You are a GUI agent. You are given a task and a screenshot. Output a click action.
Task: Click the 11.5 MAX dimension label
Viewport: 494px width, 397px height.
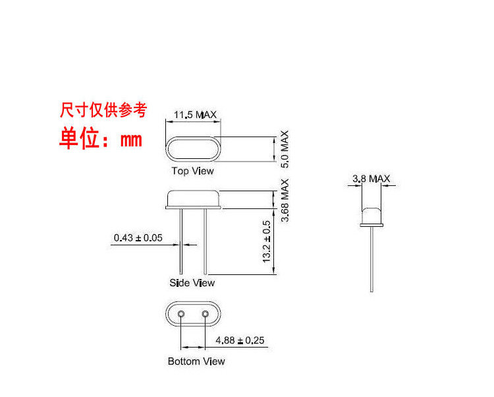[195, 115]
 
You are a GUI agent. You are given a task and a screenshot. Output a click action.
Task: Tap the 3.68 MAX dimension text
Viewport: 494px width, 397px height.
[285, 200]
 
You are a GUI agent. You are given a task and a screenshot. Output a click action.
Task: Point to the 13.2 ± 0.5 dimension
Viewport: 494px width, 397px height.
[267, 242]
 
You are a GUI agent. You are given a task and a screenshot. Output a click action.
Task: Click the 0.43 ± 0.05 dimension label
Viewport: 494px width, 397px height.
[138, 237]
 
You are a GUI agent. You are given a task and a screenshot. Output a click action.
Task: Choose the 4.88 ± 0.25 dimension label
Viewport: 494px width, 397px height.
[240, 340]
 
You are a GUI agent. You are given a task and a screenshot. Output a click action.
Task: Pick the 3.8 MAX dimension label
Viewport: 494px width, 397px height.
[371, 179]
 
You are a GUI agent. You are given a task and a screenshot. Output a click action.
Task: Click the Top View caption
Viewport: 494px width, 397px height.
[192, 171]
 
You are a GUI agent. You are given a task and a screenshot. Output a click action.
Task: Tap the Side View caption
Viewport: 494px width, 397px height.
[192, 283]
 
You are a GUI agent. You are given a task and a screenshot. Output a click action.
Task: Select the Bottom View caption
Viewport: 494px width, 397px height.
[196, 361]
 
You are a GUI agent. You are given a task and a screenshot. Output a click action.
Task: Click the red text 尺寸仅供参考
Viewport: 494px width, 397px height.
[103, 109]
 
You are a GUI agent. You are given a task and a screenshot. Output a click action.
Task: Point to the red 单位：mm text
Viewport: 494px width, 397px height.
[101, 139]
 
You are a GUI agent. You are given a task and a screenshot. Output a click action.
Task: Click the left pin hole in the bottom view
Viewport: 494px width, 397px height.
[181, 314]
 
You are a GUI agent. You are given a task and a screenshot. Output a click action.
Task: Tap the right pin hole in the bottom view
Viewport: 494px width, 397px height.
[206, 314]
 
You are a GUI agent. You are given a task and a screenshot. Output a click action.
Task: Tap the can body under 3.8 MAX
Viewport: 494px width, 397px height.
[371, 215]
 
